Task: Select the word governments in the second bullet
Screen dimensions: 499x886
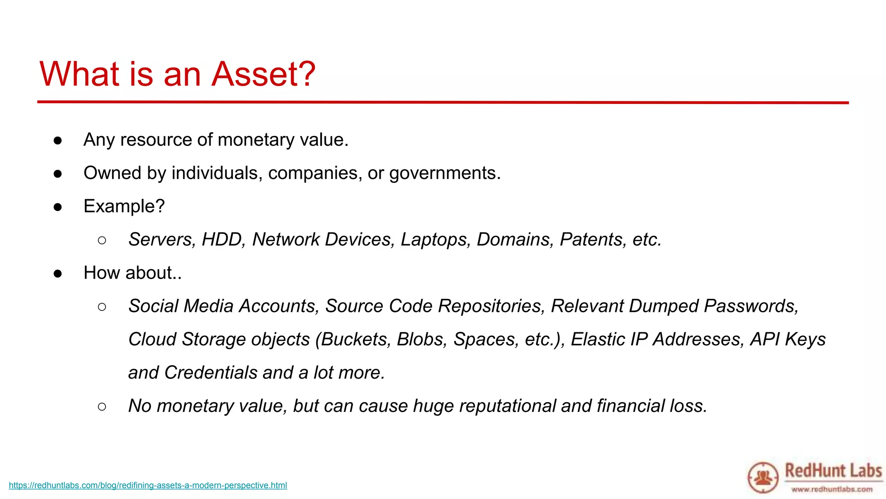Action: pyautogui.click(x=444, y=173)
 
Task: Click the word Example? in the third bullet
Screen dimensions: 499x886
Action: pyautogui.click(x=124, y=206)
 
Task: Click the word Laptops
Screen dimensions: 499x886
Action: pyautogui.click(x=435, y=240)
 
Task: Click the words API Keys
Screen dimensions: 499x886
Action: pyautogui.click(x=788, y=339)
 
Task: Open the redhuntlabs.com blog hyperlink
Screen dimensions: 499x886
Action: pyautogui.click(x=148, y=486)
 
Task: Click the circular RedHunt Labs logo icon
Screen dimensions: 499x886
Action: pyautogui.click(x=763, y=478)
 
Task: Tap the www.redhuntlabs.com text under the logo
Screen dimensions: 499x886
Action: pyautogui.click(x=831, y=489)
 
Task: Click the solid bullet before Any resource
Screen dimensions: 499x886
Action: pyautogui.click(x=58, y=140)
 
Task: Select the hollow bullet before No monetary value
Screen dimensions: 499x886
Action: pyautogui.click(x=102, y=406)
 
